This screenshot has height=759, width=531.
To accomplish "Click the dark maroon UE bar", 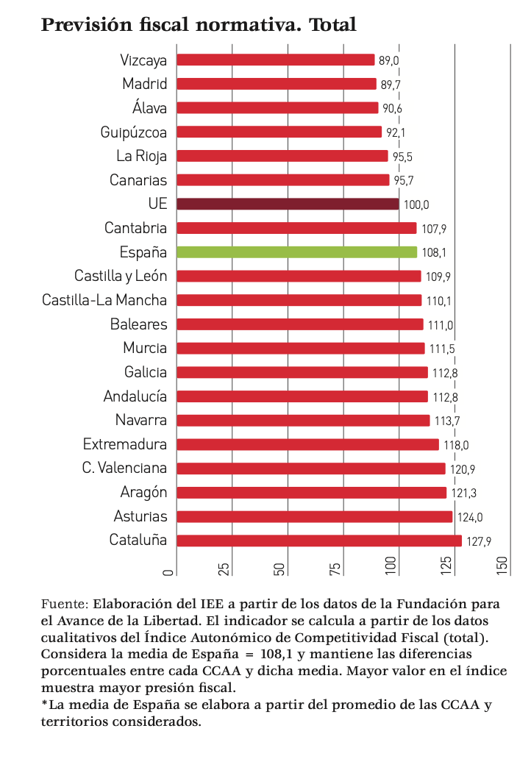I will (x=288, y=204).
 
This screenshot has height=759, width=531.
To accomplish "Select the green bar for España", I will (x=296, y=252).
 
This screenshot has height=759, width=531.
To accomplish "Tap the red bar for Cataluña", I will (x=319, y=541).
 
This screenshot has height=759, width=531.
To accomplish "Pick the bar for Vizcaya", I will (x=276, y=60).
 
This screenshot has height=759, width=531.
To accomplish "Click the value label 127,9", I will (x=479, y=542).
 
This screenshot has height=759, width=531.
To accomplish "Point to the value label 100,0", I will (x=416, y=204).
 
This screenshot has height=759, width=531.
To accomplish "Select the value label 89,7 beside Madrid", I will (x=391, y=85).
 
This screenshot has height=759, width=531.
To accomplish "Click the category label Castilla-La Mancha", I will (x=104, y=300).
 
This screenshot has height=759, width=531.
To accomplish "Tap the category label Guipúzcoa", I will (x=134, y=132).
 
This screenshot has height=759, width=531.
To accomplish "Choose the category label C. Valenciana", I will (x=124, y=468).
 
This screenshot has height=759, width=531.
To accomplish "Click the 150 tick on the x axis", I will (x=503, y=566).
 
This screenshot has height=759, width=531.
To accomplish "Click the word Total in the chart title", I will (x=332, y=25).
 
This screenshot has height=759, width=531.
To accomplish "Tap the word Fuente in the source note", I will (x=64, y=604).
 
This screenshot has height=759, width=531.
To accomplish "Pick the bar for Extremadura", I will (x=307, y=444).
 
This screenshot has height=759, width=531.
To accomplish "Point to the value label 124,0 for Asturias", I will (x=470, y=518).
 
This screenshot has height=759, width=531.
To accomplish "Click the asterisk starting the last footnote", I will (x=44, y=705).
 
